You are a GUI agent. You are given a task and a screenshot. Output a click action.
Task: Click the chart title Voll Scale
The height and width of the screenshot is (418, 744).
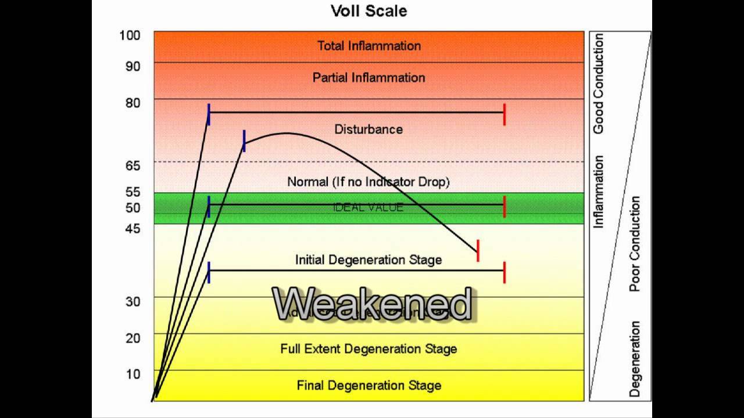pyautogui.click(x=369, y=10)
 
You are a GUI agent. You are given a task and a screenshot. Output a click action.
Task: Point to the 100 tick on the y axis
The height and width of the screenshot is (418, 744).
pyautogui.click(x=130, y=35)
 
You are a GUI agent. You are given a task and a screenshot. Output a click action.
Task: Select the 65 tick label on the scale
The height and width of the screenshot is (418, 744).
pyautogui.click(x=133, y=166)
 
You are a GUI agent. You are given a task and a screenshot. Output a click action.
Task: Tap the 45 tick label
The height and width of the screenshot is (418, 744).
pyautogui.click(x=133, y=229)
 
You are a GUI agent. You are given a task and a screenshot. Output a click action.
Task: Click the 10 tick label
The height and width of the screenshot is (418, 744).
pyautogui.click(x=133, y=374)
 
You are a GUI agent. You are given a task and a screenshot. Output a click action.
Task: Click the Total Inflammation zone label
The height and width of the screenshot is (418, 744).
pyautogui.click(x=369, y=46)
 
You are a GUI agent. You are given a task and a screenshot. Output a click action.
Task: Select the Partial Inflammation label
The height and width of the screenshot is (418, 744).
pyautogui.click(x=369, y=77)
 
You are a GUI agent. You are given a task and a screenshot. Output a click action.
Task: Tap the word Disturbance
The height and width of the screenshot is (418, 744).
pyautogui.click(x=369, y=129)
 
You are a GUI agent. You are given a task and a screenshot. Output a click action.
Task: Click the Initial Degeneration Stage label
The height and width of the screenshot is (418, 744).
pyautogui.click(x=369, y=260)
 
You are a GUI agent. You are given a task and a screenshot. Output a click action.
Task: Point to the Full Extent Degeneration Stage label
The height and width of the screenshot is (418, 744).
pyautogui.click(x=369, y=349)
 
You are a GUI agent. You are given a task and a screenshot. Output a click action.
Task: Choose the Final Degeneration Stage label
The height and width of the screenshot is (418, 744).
pyautogui.click(x=369, y=385)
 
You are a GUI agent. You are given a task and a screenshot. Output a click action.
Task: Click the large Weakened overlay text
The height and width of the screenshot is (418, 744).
pyautogui.click(x=372, y=304)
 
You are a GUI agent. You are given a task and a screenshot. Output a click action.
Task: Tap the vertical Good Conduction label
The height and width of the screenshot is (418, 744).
pyautogui.click(x=599, y=84)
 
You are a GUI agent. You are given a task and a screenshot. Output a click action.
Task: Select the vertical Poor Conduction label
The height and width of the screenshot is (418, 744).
pyautogui.click(x=635, y=244)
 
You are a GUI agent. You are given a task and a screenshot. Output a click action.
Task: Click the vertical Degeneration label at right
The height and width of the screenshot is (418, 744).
pyautogui.click(x=635, y=359)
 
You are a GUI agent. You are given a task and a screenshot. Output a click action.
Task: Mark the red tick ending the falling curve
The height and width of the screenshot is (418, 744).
pyautogui.click(x=478, y=250)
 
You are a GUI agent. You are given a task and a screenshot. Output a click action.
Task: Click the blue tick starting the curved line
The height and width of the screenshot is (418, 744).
pyautogui.click(x=244, y=141)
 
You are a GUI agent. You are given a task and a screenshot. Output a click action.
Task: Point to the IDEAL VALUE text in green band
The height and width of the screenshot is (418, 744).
pyautogui.click(x=369, y=207)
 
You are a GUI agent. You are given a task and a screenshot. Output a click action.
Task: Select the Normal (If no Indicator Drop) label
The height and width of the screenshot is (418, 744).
pyautogui.click(x=369, y=182)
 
